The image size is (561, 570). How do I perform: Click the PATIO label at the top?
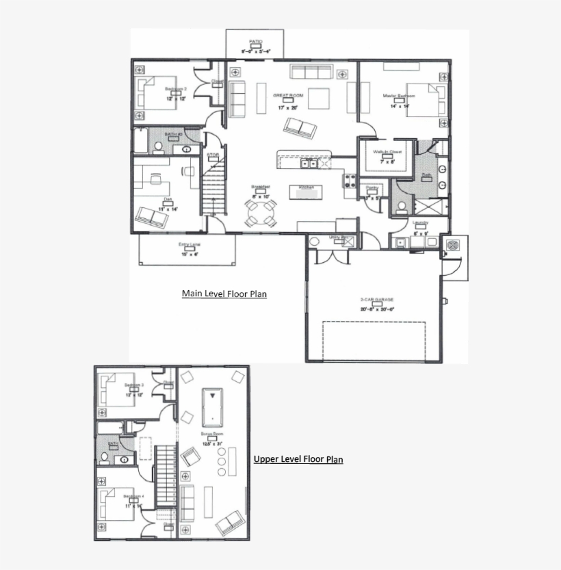click(256, 42)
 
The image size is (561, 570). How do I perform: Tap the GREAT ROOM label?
click(288, 96)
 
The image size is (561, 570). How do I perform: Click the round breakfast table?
click(261, 213)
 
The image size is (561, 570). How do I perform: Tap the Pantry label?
click(372, 187)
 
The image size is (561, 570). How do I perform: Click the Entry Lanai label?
click(190, 244)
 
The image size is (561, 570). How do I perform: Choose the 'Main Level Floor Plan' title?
click(224, 294)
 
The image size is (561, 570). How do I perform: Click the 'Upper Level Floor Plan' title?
click(298, 459)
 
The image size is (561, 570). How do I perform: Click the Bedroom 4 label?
click(133, 496)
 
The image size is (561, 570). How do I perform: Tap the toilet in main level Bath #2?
click(157, 146)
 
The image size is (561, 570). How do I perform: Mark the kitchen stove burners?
click(349, 181)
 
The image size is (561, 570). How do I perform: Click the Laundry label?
click(420, 223)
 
